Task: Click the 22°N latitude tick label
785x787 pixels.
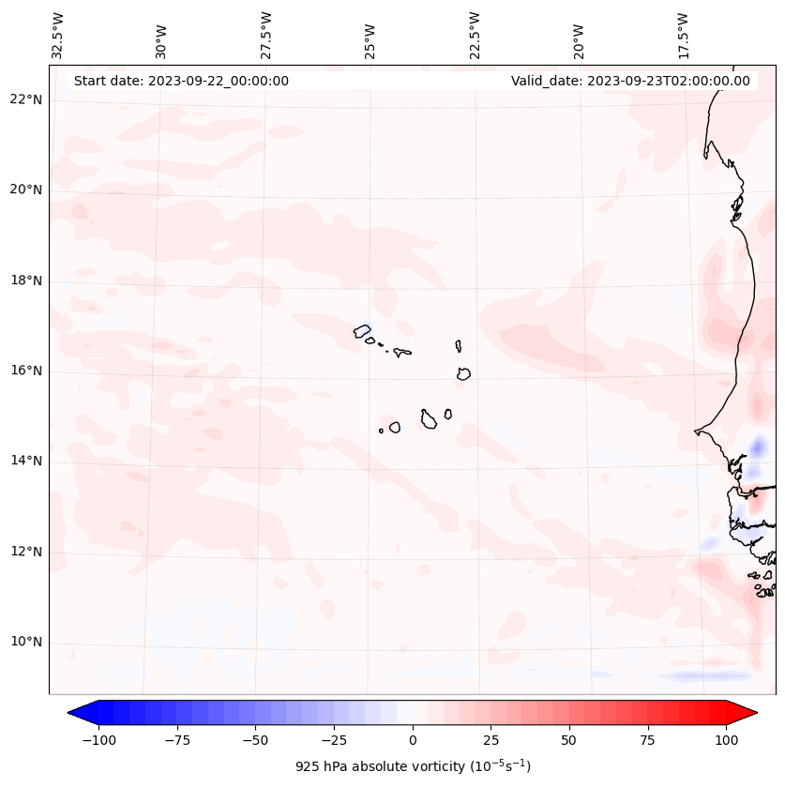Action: (26, 99)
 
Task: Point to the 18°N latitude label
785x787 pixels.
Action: (26, 280)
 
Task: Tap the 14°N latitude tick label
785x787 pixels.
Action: (26, 461)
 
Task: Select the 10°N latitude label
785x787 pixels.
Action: (26, 643)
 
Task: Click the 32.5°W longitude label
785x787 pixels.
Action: (58, 35)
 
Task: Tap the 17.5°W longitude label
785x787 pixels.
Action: (683, 35)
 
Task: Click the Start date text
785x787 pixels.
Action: (181, 81)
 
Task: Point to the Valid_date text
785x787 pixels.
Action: (630, 81)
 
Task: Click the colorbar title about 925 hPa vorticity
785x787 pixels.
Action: (413, 766)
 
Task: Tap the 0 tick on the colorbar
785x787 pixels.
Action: (413, 740)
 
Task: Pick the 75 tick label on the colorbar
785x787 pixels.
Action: (648, 740)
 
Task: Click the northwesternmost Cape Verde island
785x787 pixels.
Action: (362, 330)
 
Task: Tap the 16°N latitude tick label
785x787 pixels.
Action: (26, 371)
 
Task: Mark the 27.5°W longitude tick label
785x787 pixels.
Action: (266, 35)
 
